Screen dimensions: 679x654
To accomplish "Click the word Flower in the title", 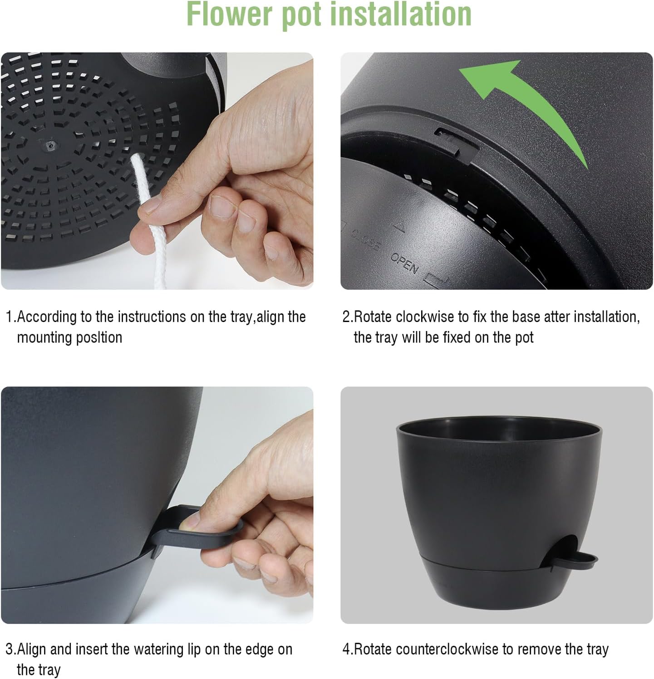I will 230,15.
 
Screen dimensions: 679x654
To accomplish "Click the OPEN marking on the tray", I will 404,263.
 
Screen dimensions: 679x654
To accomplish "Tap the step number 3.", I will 9,649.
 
